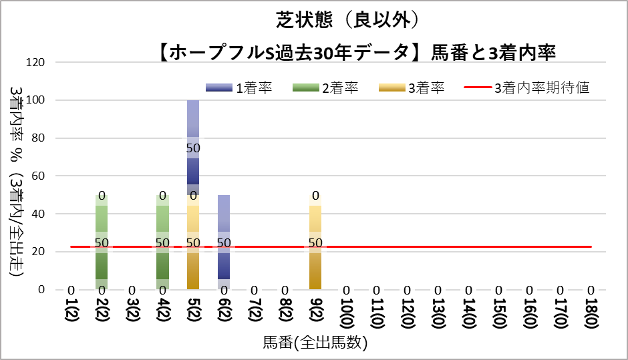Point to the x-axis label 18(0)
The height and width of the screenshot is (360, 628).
[591, 317]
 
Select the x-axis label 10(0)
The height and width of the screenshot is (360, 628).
[346, 317]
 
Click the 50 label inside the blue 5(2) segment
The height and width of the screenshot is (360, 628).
[193, 148]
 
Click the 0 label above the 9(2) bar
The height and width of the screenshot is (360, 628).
[315, 196]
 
